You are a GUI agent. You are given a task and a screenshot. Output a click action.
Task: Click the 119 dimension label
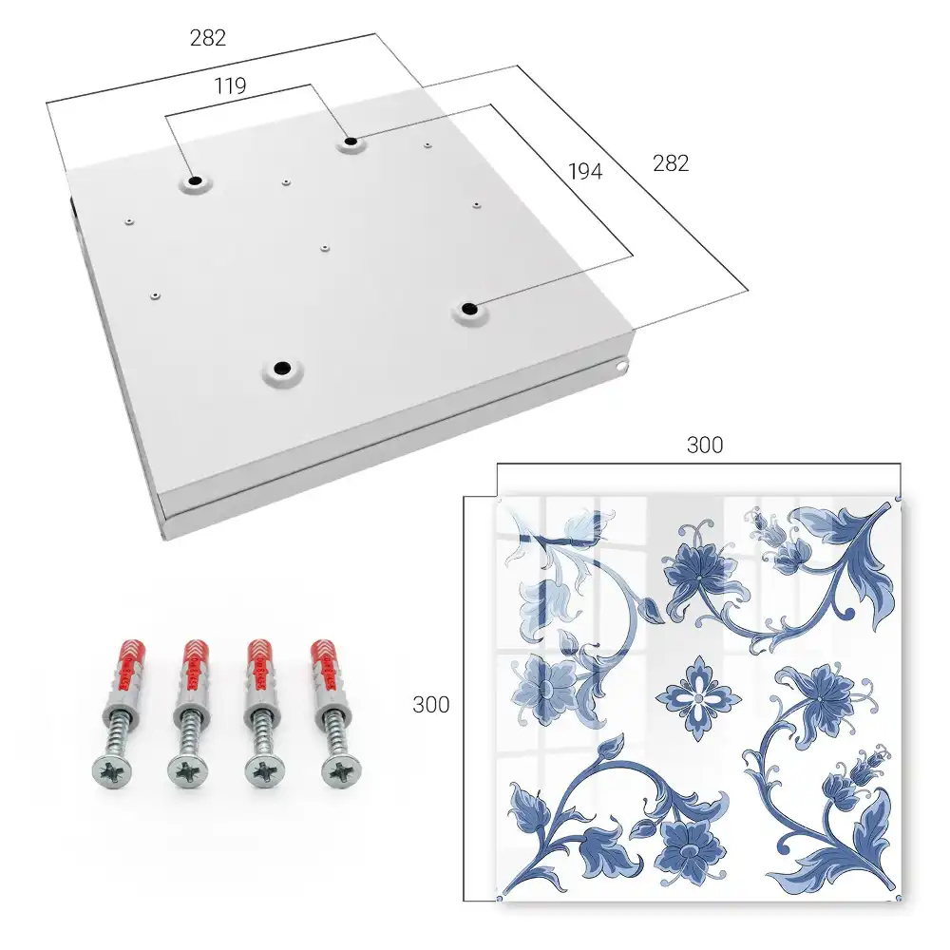pyautogui.click(x=230, y=86)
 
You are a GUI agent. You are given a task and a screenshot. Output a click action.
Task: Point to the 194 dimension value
pyautogui.click(x=585, y=172)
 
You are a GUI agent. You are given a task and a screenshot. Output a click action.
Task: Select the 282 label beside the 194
pyautogui.click(x=671, y=163)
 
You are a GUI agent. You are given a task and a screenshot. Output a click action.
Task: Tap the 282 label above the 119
pyautogui.click(x=208, y=38)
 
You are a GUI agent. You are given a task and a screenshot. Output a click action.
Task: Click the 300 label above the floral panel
pyautogui.click(x=705, y=446)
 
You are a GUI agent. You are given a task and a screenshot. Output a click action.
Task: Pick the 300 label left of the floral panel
pyautogui.click(x=430, y=705)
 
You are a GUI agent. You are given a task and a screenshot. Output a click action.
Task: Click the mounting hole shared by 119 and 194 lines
pyautogui.click(x=351, y=142)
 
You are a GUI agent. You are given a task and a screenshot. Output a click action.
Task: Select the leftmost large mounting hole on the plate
pyautogui.click(x=195, y=180)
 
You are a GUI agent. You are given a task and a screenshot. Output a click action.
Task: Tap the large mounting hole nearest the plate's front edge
pyautogui.click(x=281, y=367)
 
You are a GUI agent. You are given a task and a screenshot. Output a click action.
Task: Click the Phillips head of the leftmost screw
pyautogui.click(x=113, y=771)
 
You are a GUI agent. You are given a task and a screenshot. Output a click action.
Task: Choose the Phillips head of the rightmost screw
pyautogui.click(x=342, y=771)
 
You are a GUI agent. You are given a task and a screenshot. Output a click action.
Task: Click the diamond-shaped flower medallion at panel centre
pyautogui.click(x=698, y=698)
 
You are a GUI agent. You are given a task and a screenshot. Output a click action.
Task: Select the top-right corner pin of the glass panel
pyautogui.click(x=898, y=499)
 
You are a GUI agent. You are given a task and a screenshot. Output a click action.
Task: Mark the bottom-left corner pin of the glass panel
pyautogui.click(x=500, y=898)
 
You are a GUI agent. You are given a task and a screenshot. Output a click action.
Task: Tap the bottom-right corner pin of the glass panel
pyautogui.click(x=898, y=898)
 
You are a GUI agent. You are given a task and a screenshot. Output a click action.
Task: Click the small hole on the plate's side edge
pyautogui.click(x=623, y=365)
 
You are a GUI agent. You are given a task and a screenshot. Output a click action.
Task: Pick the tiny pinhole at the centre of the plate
pyautogui.click(x=325, y=248)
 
